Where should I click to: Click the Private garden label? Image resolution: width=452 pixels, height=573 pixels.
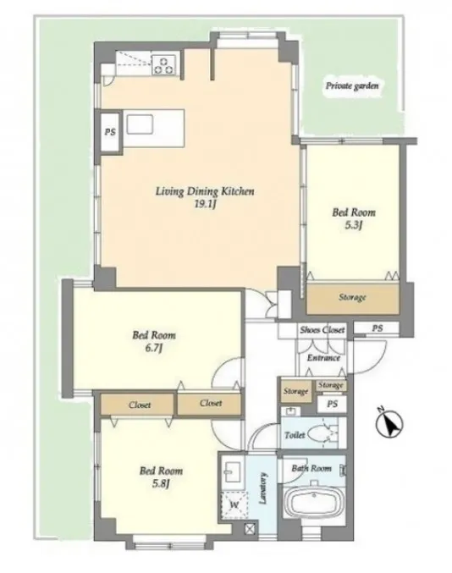tap(352, 86)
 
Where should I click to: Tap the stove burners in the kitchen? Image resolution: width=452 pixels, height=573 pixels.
tap(164, 64)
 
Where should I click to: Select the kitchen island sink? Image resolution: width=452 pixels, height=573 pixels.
tap(140, 124)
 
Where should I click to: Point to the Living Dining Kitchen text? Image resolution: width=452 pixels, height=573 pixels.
tap(205, 191)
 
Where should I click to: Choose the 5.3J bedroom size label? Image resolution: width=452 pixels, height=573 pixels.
tap(353, 225)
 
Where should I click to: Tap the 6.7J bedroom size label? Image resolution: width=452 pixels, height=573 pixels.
tap(154, 348)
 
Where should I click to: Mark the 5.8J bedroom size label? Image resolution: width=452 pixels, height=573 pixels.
tap(161, 483)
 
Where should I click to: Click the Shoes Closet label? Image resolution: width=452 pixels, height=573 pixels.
tap(322, 330)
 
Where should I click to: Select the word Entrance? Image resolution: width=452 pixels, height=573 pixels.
tap(323, 358)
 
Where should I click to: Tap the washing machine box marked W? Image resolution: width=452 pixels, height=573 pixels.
tap(234, 505)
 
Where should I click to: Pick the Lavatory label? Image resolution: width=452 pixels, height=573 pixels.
tap(262, 488)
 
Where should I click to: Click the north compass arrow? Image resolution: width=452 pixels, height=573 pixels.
tap(390, 425)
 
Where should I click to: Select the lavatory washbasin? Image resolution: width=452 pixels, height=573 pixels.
tap(232, 471)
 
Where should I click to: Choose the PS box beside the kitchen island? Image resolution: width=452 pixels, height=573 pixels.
tap(110, 132)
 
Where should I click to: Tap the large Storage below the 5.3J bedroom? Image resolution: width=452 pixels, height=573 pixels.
tap(352, 299)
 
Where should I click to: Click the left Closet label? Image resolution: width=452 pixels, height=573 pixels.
tap(140, 405)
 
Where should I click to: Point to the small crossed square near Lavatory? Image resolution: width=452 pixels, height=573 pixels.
tap(250, 529)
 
